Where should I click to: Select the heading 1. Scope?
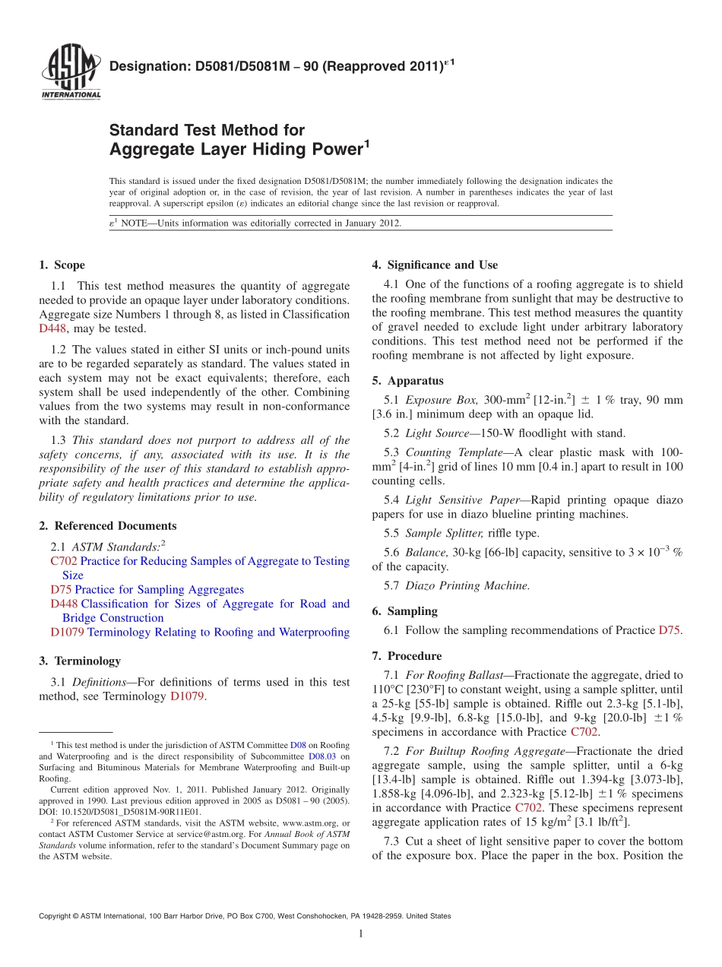tap(62, 265)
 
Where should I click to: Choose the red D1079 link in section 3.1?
tap(187, 696)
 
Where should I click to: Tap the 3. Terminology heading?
tap(80, 661)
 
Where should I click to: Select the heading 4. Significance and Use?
tap(435, 265)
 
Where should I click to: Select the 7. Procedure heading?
tap(407, 656)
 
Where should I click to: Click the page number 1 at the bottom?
tap(361, 934)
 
